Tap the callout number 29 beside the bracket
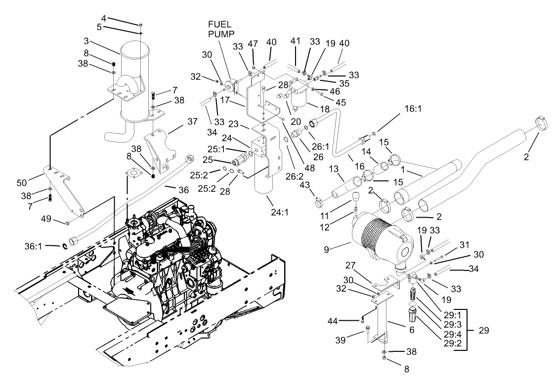click(x=483, y=330)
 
